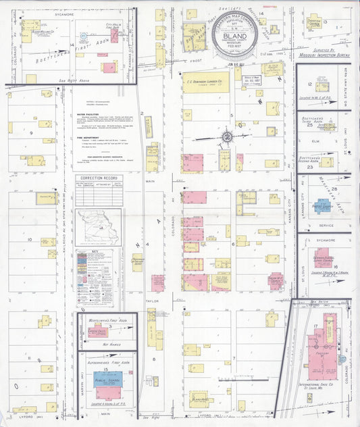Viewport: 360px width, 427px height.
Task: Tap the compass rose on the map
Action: pyautogui.click(x=228, y=136)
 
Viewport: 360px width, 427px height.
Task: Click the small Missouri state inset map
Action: pyautogui.click(x=99, y=228)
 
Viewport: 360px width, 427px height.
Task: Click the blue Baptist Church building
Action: pyautogui.click(x=322, y=205)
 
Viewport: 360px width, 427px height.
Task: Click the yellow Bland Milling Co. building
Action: pyautogui.click(x=30, y=31)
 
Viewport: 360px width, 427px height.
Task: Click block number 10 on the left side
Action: pyautogui.click(x=29, y=239)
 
